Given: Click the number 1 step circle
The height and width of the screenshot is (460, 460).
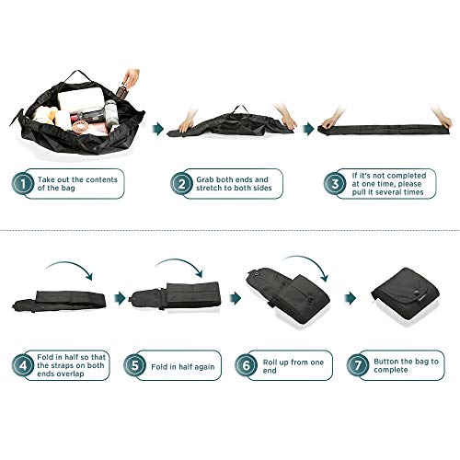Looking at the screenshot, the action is click(23, 184).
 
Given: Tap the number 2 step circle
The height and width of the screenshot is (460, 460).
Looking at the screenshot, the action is click(181, 184).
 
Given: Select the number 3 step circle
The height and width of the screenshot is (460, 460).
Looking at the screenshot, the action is click(335, 184).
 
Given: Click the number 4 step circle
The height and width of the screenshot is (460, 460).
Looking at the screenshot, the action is click(23, 365).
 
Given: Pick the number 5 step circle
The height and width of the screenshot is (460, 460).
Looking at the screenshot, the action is click(134, 365).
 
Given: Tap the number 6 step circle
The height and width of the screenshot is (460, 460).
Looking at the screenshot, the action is click(246, 365).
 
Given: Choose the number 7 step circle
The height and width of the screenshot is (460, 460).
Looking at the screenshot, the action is click(358, 365).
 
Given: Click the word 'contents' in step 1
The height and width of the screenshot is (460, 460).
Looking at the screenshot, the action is click(101, 179).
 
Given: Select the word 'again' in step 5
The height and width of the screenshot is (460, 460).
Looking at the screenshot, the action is click(204, 367).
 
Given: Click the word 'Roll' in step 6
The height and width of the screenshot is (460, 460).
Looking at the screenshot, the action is click(270, 362).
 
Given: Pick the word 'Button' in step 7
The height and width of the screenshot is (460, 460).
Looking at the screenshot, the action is click(385, 362).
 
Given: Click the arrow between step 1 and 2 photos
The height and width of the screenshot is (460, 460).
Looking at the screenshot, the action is click(158, 129).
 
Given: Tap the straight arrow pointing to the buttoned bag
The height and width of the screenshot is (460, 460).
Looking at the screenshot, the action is click(351, 298).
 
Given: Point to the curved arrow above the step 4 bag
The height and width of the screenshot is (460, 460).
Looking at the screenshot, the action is click(69, 265).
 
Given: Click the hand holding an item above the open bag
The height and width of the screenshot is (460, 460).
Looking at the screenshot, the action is click(132, 77).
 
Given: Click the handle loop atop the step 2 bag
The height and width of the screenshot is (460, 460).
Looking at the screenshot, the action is click(240, 109).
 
